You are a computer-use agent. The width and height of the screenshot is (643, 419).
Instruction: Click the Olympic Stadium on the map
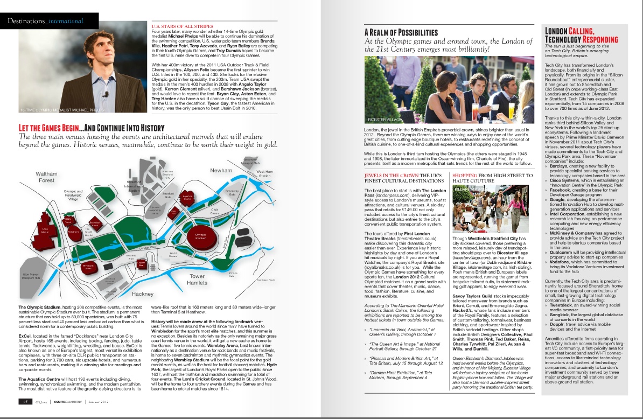click(x=200, y=238)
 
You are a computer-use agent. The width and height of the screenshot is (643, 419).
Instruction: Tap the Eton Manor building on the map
click(x=46, y=231)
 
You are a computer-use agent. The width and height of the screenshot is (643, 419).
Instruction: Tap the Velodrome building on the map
click(x=74, y=233)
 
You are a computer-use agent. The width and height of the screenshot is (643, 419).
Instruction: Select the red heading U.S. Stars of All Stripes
click(x=183, y=26)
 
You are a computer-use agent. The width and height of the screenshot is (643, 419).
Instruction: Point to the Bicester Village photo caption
click(x=385, y=119)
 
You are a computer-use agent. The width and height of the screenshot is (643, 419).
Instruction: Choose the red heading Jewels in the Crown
click(x=389, y=176)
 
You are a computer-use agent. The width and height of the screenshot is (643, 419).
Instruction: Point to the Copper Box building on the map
click(x=141, y=264)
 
